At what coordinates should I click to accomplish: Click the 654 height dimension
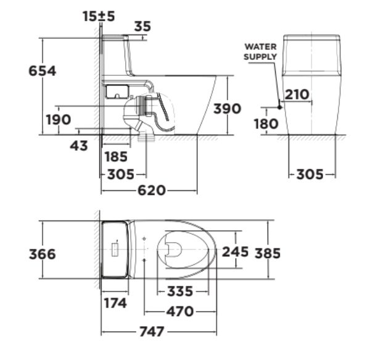point(43,71)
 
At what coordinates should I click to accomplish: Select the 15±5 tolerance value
point(99,17)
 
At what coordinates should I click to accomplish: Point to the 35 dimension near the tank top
point(142,27)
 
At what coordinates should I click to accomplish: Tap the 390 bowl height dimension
point(227,109)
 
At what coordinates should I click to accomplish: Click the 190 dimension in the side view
point(59,119)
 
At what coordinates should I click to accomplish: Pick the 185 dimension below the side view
point(116,156)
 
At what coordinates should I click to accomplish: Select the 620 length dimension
point(152,190)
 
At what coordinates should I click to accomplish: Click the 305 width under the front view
point(310,174)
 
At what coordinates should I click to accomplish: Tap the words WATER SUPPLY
point(261,52)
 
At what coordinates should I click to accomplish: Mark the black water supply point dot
point(279,107)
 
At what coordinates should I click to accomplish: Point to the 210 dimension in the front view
point(297,94)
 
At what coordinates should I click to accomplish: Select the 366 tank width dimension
point(43,254)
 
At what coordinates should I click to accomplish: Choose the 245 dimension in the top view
point(235,252)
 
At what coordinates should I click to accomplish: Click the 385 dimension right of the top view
point(268,253)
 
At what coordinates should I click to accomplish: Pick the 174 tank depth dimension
point(115,303)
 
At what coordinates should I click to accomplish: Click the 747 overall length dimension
point(152,332)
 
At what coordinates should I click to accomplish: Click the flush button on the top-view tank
point(115,250)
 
